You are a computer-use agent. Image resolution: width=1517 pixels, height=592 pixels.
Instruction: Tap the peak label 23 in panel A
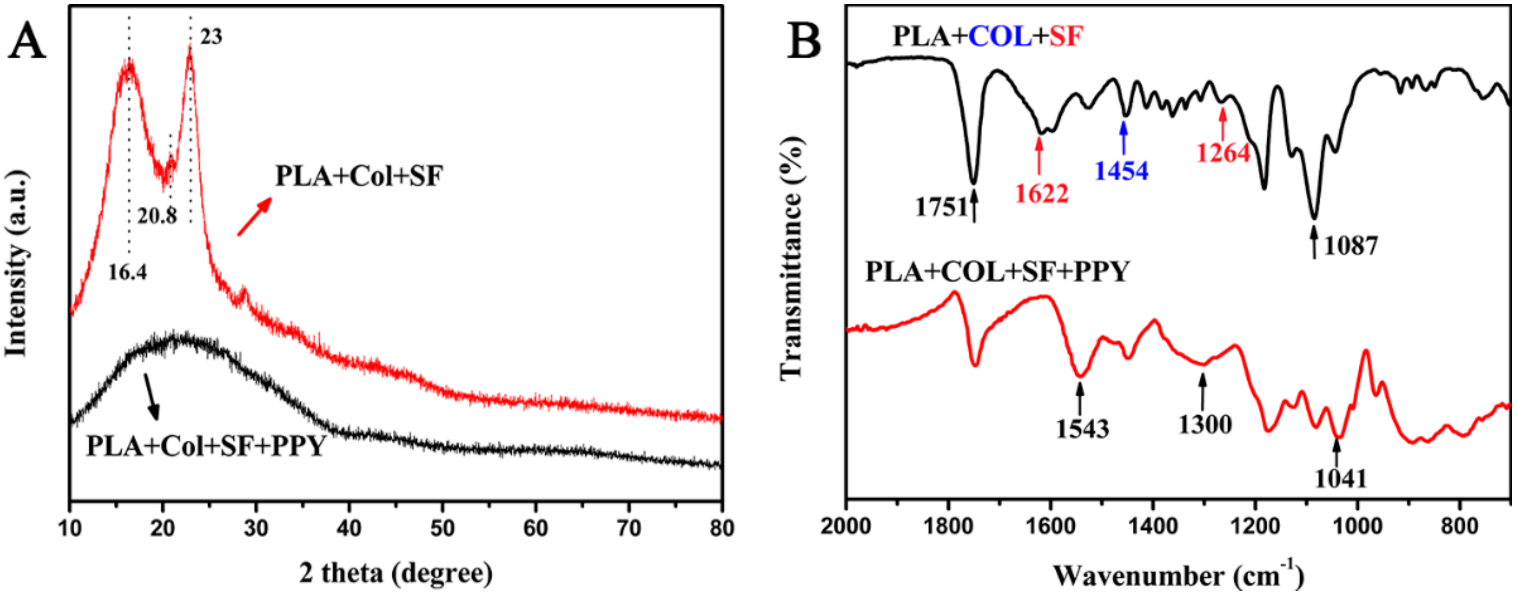tap(211, 37)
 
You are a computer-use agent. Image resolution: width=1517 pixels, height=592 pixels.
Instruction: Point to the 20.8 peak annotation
tap(157, 216)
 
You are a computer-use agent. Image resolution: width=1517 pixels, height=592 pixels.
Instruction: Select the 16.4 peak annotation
tap(127, 272)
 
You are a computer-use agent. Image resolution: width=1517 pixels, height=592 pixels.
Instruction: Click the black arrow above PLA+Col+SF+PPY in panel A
tap(152, 397)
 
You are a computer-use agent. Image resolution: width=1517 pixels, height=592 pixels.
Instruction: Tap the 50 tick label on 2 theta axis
tap(442, 528)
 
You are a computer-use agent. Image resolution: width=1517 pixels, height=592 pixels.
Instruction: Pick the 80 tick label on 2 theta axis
tap(721, 528)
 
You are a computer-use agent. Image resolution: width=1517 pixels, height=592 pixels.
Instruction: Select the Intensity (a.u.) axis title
tap(16, 264)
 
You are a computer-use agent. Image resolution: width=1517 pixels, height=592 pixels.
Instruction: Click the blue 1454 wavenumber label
tap(1121, 171)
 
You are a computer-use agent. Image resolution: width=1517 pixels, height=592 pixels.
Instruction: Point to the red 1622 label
tap(1041, 193)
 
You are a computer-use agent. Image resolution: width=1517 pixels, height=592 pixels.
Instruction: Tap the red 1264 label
tap(1223, 153)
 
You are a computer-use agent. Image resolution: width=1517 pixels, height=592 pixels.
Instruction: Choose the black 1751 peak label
tap(940, 207)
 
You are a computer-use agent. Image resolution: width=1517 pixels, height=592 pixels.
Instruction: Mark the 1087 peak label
tap(1350, 246)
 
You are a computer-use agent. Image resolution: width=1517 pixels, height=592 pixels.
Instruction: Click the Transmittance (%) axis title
tap(791, 259)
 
